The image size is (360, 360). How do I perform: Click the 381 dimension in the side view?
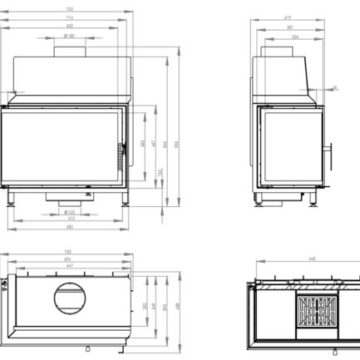point(289,27)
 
